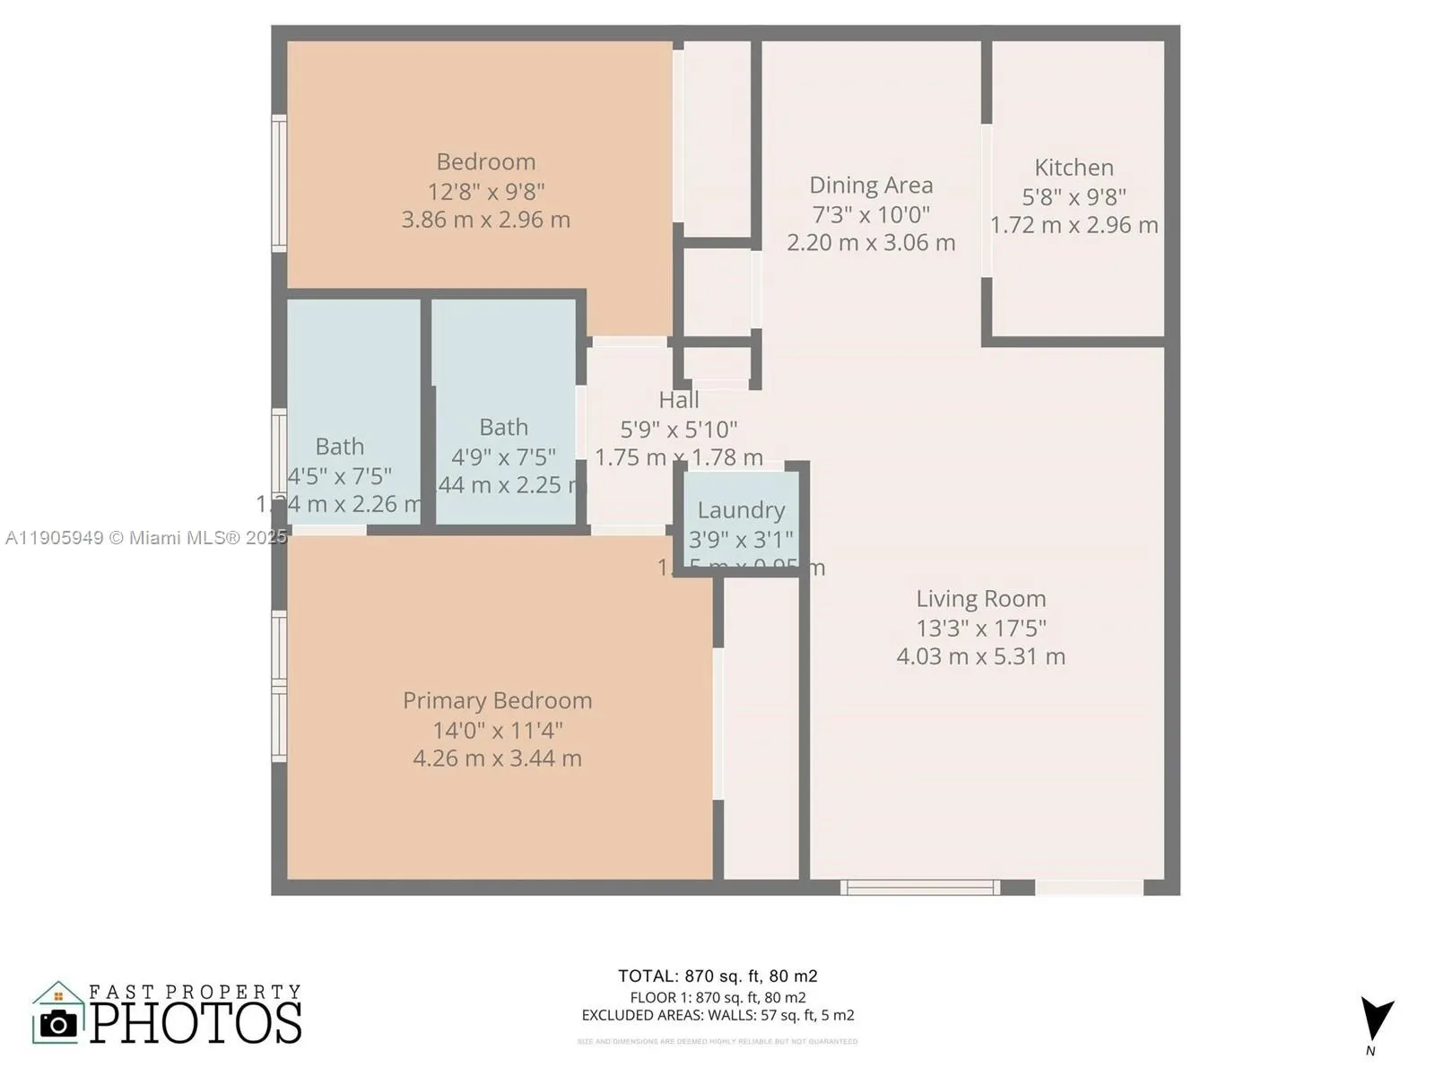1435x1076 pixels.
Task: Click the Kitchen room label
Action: [1074, 168]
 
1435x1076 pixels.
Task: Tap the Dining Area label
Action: [871, 186]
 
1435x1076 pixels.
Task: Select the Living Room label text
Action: [980, 599]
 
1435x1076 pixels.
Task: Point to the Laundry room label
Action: [741, 510]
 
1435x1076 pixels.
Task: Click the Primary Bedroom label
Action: [497, 700]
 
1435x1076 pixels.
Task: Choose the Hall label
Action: [679, 400]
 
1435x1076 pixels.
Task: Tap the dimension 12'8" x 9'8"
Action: [485, 191]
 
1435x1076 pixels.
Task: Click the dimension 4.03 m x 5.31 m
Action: [980, 656]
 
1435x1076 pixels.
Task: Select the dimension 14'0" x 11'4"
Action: [497, 730]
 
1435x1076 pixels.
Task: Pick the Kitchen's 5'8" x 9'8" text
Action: [1074, 196]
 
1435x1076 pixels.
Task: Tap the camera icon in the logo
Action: [59, 1023]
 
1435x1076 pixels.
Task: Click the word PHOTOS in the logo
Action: [196, 1023]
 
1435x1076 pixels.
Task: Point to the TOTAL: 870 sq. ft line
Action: [717, 976]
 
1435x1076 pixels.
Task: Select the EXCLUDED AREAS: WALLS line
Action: [717, 1016]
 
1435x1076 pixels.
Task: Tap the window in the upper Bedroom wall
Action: [279, 183]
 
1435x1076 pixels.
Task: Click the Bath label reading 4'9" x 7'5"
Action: [503, 457]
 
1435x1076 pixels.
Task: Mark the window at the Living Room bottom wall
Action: [920, 888]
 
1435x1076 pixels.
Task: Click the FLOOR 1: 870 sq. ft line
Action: [717, 997]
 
